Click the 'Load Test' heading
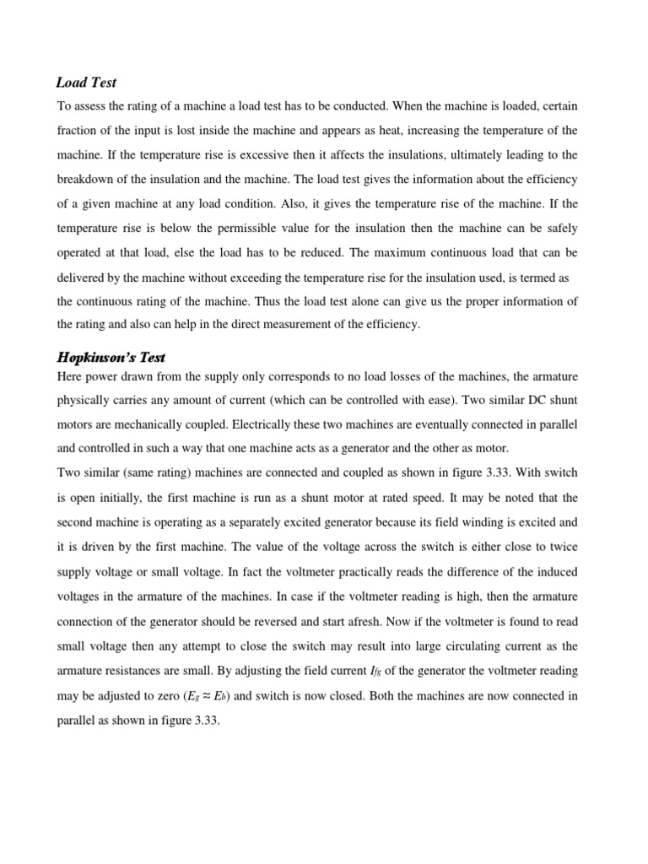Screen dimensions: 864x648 [86, 82]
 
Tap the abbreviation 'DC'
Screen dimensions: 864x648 [528, 400]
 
